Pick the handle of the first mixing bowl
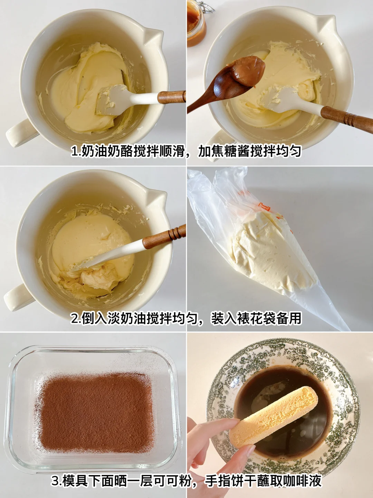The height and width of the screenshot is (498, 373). (19, 133)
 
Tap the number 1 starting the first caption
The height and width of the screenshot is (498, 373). (74, 151)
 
